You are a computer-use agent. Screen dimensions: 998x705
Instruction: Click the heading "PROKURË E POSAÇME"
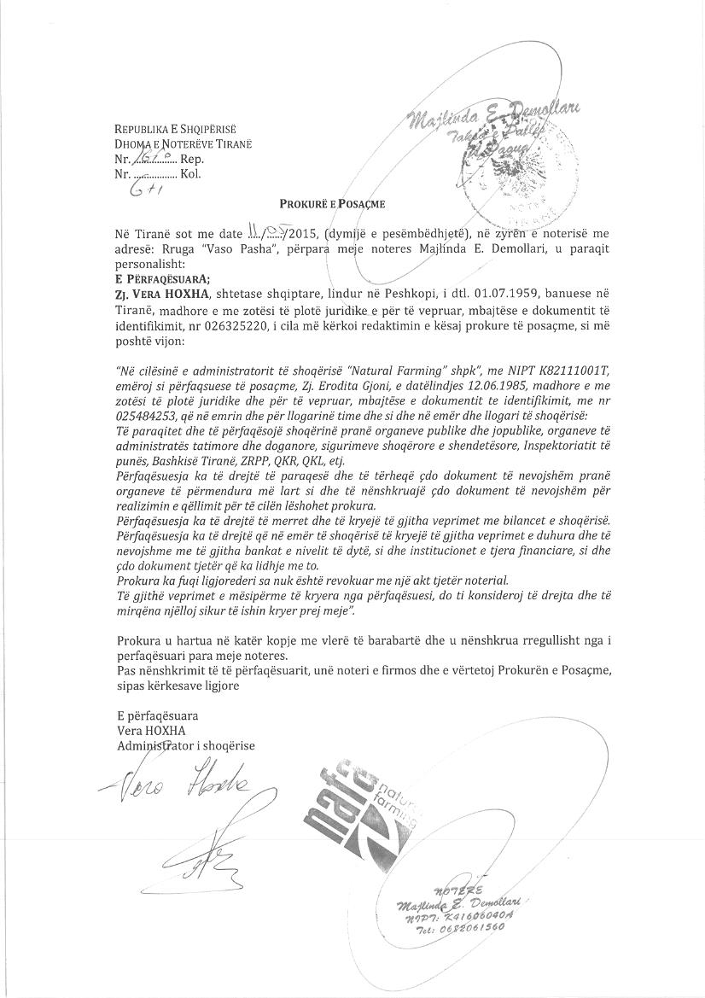coord(333,204)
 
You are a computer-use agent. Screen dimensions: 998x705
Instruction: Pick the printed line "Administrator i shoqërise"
coord(186,745)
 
